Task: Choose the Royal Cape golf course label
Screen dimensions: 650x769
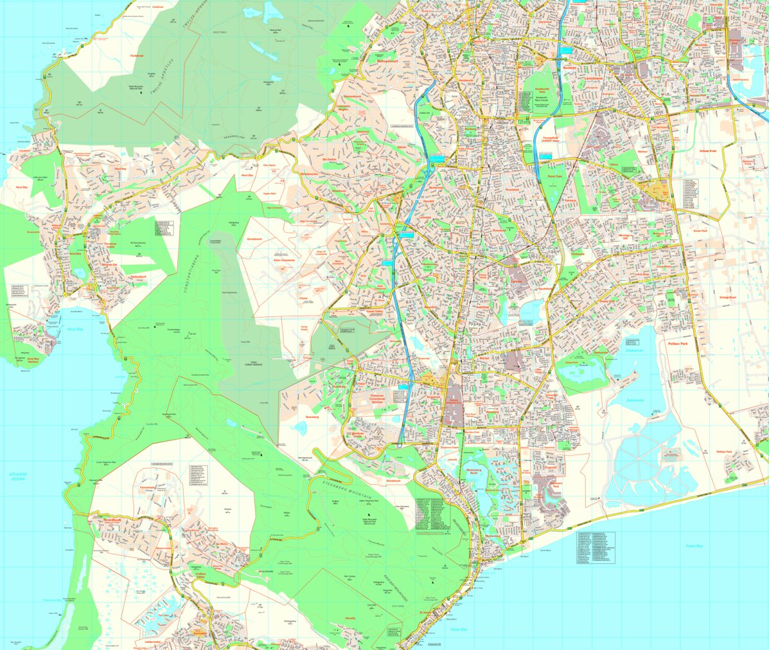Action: point(554,175)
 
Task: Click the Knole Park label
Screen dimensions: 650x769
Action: point(700,230)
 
